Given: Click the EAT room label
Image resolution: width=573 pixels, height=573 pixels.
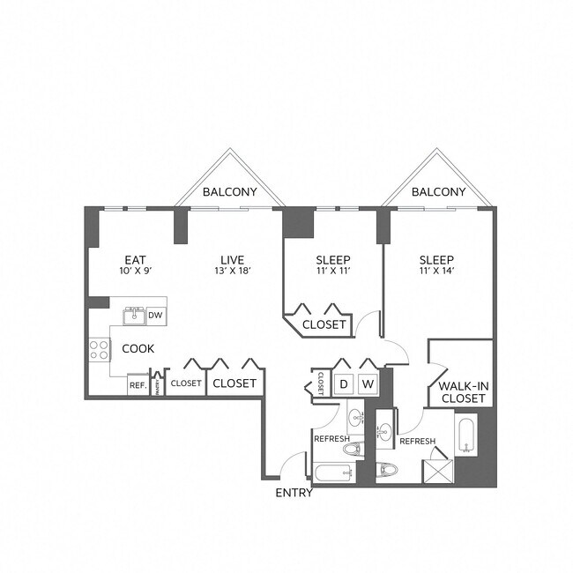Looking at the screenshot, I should click(x=134, y=259).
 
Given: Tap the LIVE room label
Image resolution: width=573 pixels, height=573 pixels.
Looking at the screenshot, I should click(x=232, y=259).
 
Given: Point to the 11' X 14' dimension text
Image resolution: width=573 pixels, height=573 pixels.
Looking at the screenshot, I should click(x=435, y=272).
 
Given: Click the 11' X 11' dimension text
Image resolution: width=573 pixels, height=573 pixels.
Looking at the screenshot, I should click(x=332, y=272).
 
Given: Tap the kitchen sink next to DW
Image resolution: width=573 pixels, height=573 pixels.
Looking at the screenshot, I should click(x=134, y=315).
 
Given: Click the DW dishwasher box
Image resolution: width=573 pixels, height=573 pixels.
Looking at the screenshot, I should click(x=155, y=315).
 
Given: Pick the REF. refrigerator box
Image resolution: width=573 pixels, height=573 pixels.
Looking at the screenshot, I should click(x=138, y=384).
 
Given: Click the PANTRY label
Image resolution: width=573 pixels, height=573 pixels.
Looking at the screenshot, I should click(x=157, y=384).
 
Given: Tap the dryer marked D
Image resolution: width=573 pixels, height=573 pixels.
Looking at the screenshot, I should click(x=345, y=384).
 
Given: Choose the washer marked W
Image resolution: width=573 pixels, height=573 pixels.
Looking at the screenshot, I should click(x=368, y=384).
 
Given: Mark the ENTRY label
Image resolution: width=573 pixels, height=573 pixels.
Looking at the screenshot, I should click(x=294, y=493).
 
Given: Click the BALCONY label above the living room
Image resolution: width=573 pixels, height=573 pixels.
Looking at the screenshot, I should click(x=229, y=191).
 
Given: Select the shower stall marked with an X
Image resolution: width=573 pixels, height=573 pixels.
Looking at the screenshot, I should click(x=439, y=466).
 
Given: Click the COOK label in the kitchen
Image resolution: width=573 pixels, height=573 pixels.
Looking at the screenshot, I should click(x=138, y=348).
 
